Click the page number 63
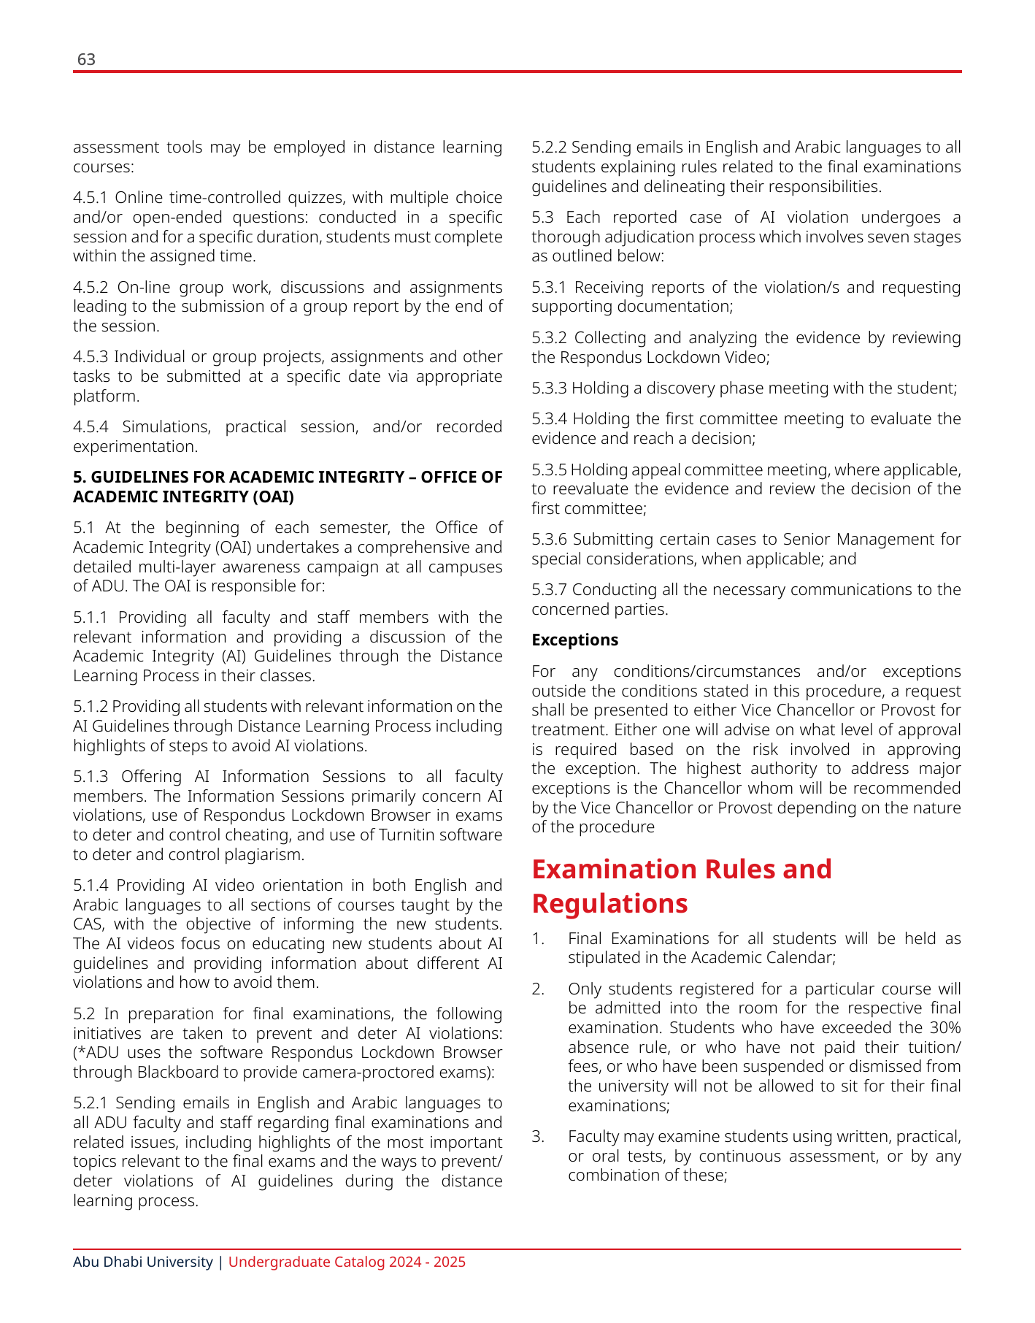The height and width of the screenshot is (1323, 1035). pyautogui.click(x=86, y=59)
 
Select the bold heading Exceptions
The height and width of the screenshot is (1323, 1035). pyautogui.click(x=574, y=640)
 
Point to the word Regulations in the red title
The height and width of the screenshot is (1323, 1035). pyautogui.click(x=609, y=904)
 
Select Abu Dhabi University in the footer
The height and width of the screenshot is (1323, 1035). pyautogui.click(x=142, y=1262)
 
